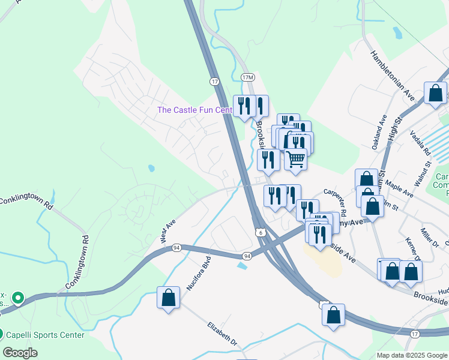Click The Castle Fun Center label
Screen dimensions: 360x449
tap(194, 110)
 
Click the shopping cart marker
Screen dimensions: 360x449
tap(295, 160)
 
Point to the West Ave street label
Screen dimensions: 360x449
tap(168, 231)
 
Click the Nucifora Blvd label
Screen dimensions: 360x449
tap(199, 272)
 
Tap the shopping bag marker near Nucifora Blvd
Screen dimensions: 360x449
tap(169, 298)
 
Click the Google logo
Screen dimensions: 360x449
tap(20, 352)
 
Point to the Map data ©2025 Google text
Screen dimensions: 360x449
tap(412, 355)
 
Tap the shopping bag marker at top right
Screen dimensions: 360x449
tap(435, 94)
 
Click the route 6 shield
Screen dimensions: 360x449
tap(259, 232)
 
